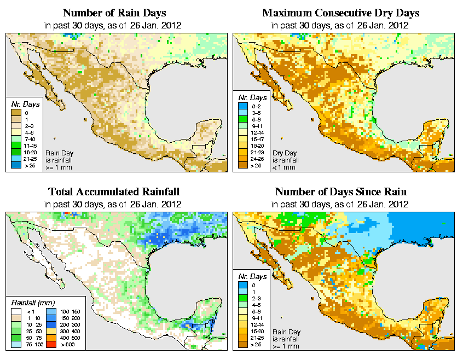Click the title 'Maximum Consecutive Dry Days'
pos(340,13)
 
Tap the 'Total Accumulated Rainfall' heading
pos(114,192)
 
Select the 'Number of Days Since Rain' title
pos(340,192)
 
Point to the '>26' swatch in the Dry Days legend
pos(242,165)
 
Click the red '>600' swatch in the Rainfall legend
pos(50,345)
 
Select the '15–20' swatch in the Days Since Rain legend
pos(242,332)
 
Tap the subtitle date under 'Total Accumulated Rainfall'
pos(114,204)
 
